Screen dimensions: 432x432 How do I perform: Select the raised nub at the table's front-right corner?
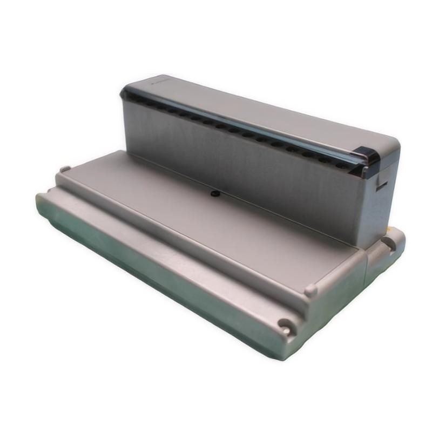(x=310, y=290)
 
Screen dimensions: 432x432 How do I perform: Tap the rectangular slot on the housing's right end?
(x=381, y=185)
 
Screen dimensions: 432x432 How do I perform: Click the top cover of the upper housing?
(x=259, y=111)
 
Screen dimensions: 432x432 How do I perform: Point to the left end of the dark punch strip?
(x=127, y=95)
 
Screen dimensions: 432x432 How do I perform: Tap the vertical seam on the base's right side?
(x=367, y=270)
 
